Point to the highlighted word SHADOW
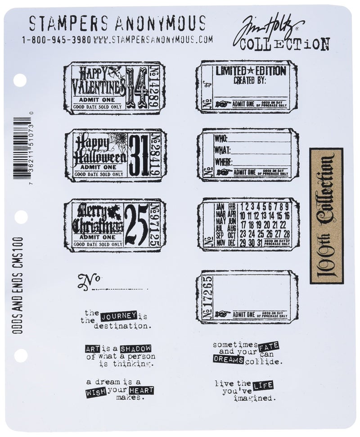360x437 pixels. coord(135,348)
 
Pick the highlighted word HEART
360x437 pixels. coord(141,390)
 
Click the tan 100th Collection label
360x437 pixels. coord(326,216)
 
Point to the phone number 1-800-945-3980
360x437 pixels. coord(57,40)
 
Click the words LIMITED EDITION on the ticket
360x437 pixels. coord(250,71)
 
